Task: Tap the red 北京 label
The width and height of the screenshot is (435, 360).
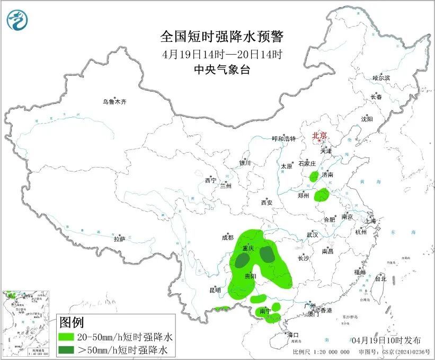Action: pyautogui.click(x=320, y=135)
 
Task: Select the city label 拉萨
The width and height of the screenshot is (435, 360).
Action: pyautogui.click(x=119, y=239)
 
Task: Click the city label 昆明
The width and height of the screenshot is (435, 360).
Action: pyautogui.click(x=215, y=290)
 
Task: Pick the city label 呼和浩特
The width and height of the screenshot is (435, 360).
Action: pyautogui.click(x=283, y=138)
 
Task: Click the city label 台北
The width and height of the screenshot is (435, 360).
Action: pyautogui.click(x=380, y=278)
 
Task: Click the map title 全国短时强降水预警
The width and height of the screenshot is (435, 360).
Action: pyautogui.click(x=222, y=37)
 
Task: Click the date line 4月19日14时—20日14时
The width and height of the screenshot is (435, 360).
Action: pyautogui.click(x=222, y=54)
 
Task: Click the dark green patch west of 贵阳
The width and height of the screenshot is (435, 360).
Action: pyautogui.click(x=243, y=260)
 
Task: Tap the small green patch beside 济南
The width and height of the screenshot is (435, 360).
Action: pyautogui.click(x=314, y=177)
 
